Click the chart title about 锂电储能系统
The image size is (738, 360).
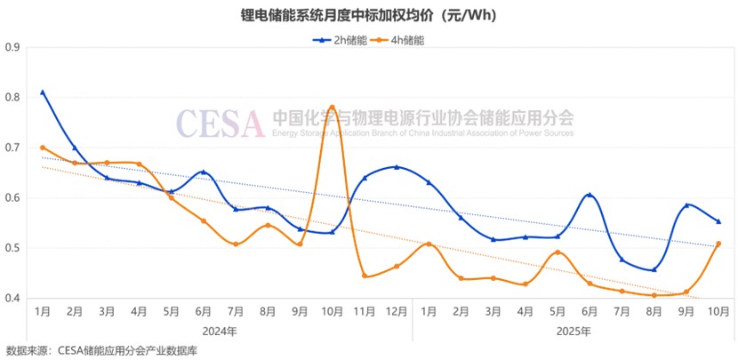[368, 15]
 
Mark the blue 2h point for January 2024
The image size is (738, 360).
[43, 92]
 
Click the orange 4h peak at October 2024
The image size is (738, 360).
[332, 108]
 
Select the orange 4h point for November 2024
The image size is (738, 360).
[365, 276]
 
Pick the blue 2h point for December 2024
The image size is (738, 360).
[397, 166]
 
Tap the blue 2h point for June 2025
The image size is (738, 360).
[590, 195]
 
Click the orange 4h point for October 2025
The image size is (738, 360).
[718, 244]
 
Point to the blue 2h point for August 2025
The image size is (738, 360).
[654, 269]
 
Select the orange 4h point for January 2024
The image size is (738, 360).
[43, 148]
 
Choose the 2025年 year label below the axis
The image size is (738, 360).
[574, 331]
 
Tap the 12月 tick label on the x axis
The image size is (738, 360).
[397, 312]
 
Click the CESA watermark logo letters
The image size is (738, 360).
[220, 124]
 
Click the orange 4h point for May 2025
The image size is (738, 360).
[558, 252]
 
